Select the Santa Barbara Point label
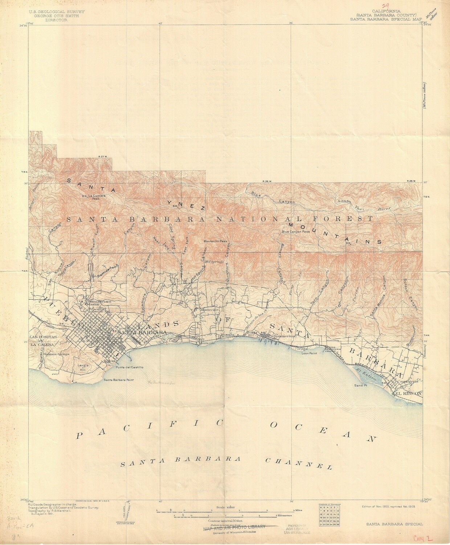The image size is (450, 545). [x=119, y=380]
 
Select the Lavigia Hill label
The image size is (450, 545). [x=83, y=367]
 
